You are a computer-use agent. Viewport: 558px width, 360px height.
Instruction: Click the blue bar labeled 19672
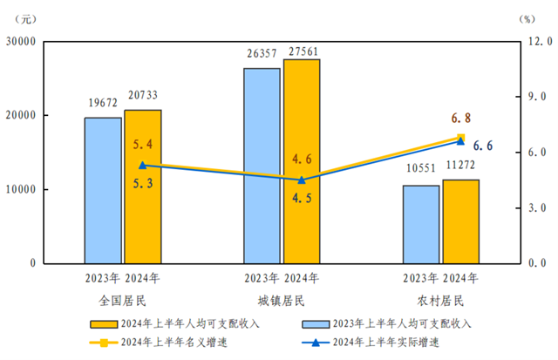click(x=103, y=190)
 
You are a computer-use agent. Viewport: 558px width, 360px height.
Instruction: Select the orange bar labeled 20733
click(x=143, y=187)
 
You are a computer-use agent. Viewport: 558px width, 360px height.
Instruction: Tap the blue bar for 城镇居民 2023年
click(x=262, y=166)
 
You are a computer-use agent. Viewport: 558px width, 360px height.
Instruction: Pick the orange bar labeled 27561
click(x=302, y=161)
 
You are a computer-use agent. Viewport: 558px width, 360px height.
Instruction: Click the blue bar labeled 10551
click(x=421, y=224)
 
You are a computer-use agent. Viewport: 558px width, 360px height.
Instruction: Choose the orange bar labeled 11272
click(x=460, y=221)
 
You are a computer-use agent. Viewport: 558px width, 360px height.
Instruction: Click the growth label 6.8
click(x=461, y=118)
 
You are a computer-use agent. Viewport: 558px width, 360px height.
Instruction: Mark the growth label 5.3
click(x=143, y=184)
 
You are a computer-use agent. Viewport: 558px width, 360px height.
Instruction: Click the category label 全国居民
click(x=122, y=301)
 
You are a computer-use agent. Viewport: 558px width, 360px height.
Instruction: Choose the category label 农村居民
click(x=440, y=301)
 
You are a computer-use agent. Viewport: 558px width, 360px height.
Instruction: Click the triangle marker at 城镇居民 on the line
click(x=302, y=180)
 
